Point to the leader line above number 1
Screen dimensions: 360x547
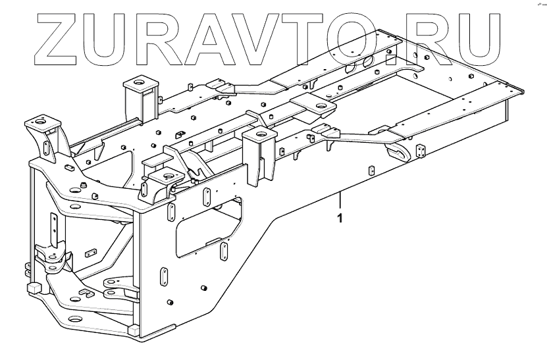[x=340, y=200]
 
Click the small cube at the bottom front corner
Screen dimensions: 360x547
[x=134, y=328]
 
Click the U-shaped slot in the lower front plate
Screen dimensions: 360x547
[x=84, y=294]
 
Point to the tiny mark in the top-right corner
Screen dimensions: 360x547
[x=533, y=5]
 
